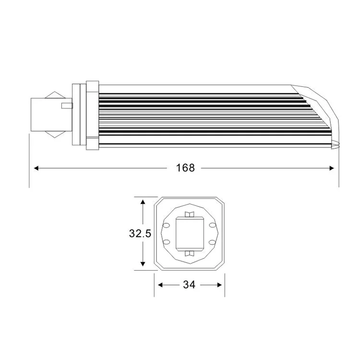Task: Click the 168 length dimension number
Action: pyautogui.click(x=185, y=168)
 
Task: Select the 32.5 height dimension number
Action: pyautogui.click(x=140, y=234)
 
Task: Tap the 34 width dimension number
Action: pyautogui.click(x=189, y=285)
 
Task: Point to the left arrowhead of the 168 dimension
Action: pyautogui.click(x=36, y=168)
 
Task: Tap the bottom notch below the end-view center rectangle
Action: pyautogui.click(x=188, y=252)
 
